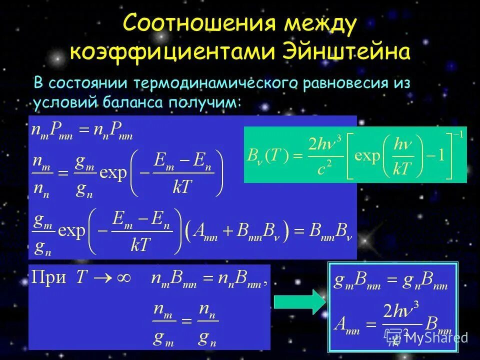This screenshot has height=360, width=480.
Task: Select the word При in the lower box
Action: pyautogui.click(x=49, y=278)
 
